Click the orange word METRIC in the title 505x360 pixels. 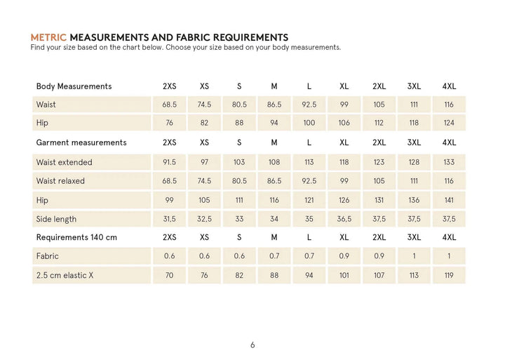click(x=49, y=36)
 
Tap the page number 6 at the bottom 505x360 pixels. click(x=252, y=345)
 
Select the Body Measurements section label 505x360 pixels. click(x=74, y=86)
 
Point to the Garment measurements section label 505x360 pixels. click(x=81, y=142)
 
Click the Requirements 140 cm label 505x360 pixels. click(x=76, y=237)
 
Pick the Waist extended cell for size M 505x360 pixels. click(x=274, y=162)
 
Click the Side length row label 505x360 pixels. click(x=56, y=219)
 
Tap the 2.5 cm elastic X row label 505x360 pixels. click(x=65, y=275)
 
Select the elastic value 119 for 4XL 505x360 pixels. click(x=449, y=275)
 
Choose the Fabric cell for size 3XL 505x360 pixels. click(x=414, y=256)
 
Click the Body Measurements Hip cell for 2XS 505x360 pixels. click(x=169, y=124)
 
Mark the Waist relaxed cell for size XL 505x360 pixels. click(x=344, y=181)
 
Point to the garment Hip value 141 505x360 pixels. click(x=449, y=200)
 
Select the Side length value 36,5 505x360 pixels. click(x=344, y=219)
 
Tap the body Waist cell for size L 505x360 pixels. click(x=309, y=105)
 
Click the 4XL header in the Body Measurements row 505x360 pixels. click(x=449, y=86)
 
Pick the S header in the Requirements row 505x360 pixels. click(x=239, y=237)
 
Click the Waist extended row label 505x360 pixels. click(x=64, y=162)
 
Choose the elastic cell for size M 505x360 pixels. click(x=274, y=275)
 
